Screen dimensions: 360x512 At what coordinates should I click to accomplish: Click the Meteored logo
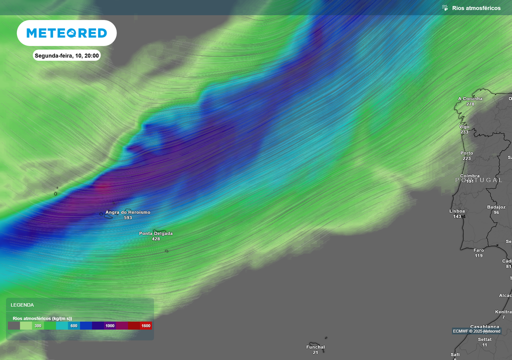(x=66, y=33)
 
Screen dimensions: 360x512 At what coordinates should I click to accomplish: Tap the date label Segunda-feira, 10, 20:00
(x=66, y=55)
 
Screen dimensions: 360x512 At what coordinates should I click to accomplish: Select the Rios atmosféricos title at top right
(x=476, y=8)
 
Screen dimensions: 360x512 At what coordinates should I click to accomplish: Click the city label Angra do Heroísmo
(x=127, y=212)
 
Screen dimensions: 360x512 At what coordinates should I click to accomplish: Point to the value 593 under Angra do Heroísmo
(x=127, y=218)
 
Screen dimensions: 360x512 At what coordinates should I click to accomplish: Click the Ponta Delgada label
(x=156, y=233)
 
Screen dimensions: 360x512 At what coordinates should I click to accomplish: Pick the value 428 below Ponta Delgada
(x=156, y=239)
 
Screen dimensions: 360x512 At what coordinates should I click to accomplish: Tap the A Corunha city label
(x=470, y=98)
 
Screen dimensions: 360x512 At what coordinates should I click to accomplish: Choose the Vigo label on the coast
(x=464, y=126)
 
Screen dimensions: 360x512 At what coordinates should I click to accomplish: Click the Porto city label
(x=466, y=153)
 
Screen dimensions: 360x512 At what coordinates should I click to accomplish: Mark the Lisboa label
(x=457, y=211)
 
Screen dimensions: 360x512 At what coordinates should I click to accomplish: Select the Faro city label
(x=478, y=250)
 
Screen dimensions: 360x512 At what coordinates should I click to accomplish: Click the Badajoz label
(x=496, y=207)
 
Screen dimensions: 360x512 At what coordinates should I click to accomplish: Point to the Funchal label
(x=315, y=347)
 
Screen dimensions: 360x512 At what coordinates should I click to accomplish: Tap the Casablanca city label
(x=485, y=326)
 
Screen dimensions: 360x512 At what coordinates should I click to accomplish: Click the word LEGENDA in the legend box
(x=22, y=304)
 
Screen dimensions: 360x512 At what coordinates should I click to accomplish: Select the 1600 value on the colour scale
(x=145, y=325)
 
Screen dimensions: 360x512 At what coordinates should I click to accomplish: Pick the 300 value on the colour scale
(x=38, y=325)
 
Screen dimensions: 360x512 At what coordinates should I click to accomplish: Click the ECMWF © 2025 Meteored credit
(x=476, y=331)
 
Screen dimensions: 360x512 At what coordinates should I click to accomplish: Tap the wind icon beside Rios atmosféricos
(x=444, y=8)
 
